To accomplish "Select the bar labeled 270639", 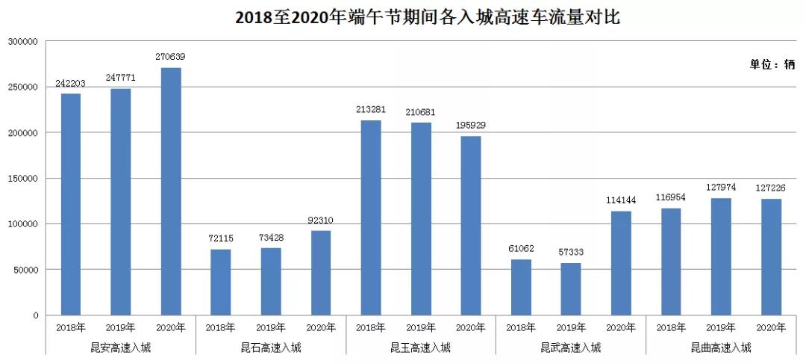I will (171, 191).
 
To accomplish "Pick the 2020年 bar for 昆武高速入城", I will (621, 262).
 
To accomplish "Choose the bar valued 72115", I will (220, 282).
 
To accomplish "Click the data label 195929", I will (471, 125).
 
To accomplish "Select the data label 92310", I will (321, 220).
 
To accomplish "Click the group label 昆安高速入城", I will (121, 348).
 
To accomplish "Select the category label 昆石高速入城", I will (271, 348).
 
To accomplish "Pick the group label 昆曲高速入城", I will (721, 348).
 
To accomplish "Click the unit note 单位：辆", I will (772, 64).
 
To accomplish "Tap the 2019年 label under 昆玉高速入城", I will (421, 327).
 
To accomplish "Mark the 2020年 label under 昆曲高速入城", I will (771, 327).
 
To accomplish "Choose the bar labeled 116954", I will (671, 262).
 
